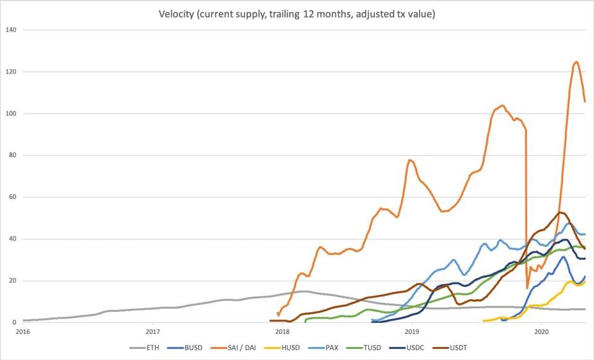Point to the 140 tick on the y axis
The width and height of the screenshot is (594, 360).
coord(11,30)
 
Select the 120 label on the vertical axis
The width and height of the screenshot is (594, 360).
coord(11,72)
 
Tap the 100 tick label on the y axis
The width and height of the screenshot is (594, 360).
coord(11,114)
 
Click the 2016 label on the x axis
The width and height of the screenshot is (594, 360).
coord(23,332)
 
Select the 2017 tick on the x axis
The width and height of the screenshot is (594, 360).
coord(152,332)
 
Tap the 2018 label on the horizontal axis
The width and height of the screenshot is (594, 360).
coord(282,332)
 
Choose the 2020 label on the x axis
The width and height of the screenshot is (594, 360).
coord(541,332)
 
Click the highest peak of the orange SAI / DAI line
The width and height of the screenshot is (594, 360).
coord(576,61)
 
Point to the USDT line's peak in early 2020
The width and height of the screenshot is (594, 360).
coord(560,213)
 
